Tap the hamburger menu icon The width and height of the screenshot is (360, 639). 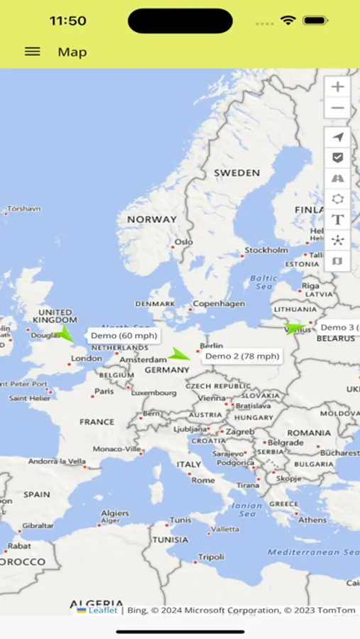pyautogui.click(x=32, y=52)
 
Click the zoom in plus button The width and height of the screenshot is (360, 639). pyautogui.click(x=337, y=87)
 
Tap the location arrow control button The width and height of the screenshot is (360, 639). pyautogui.click(x=337, y=137)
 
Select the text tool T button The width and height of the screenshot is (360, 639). pyautogui.click(x=337, y=219)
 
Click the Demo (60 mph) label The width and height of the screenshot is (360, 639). pyautogui.click(x=124, y=335)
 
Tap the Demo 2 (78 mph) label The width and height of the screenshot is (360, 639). pyautogui.click(x=242, y=356)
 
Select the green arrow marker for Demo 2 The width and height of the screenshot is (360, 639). pyautogui.click(x=180, y=354)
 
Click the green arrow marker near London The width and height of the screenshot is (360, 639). pyautogui.click(x=65, y=332)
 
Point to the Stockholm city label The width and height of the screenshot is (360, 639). pyautogui.click(x=266, y=250)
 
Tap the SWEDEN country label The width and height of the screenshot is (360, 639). pyautogui.click(x=237, y=173)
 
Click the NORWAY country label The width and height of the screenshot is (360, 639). pyautogui.click(x=151, y=219)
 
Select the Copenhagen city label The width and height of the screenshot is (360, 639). pyautogui.click(x=219, y=304)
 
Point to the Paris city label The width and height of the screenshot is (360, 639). pyautogui.click(x=104, y=391)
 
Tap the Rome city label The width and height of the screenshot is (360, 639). pyautogui.click(x=203, y=480)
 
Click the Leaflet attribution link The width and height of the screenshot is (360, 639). pyautogui.click(x=102, y=610)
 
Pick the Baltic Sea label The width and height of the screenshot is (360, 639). pyautogui.click(x=263, y=282)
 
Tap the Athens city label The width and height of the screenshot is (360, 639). pyautogui.click(x=312, y=520)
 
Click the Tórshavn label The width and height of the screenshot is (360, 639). pyautogui.click(x=23, y=209)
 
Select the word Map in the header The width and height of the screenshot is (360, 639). pyautogui.click(x=72, y=52)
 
